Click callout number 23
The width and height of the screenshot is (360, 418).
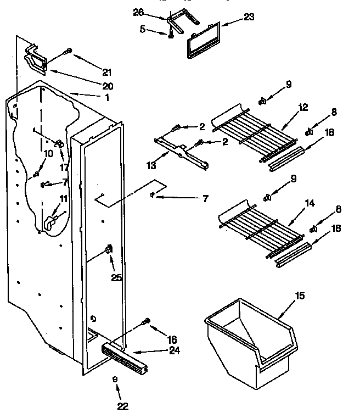click(249, 17)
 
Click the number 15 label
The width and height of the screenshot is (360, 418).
click(300, 297)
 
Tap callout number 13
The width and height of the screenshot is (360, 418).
click(151, 163)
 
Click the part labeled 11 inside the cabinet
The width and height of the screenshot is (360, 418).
click(51, 221)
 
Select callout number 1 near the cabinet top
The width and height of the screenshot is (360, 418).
click(106, 98)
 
